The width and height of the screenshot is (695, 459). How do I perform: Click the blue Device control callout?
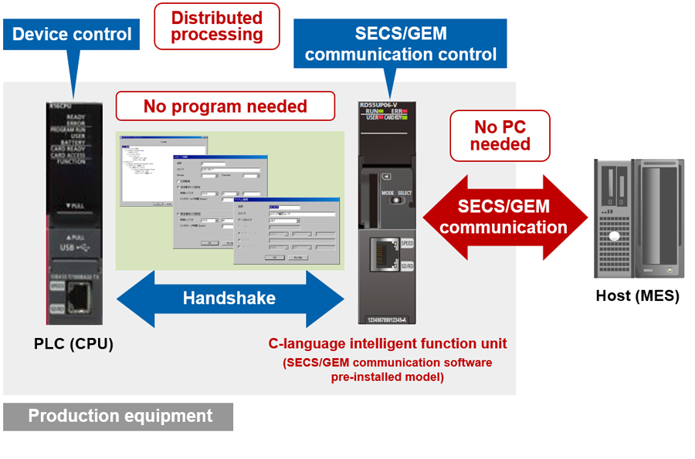coord(72,35)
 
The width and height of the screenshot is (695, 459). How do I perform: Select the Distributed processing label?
coord(217,26)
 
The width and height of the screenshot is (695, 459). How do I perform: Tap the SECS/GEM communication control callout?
coord(401,44)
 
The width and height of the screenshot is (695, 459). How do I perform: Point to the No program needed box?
coord(225,106)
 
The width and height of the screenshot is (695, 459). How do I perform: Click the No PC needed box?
coord(500,135)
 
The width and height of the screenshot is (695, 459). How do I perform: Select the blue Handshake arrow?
coord(229,298)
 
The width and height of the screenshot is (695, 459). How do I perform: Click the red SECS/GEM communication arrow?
coord(503,217)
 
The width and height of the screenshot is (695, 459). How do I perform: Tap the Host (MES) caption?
coord(637,295)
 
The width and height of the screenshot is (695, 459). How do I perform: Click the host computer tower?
coord(638,218)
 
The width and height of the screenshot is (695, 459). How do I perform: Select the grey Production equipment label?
coord(118,417)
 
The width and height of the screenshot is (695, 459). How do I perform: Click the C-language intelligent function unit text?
coord(388,343)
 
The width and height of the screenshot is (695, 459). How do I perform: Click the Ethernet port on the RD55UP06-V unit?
coord(385,255)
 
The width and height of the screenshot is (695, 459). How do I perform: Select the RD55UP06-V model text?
coord(385,106)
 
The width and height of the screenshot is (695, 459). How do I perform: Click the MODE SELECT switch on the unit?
coord(398,199)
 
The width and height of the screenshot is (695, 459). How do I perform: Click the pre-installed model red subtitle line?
coord(387,377)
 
